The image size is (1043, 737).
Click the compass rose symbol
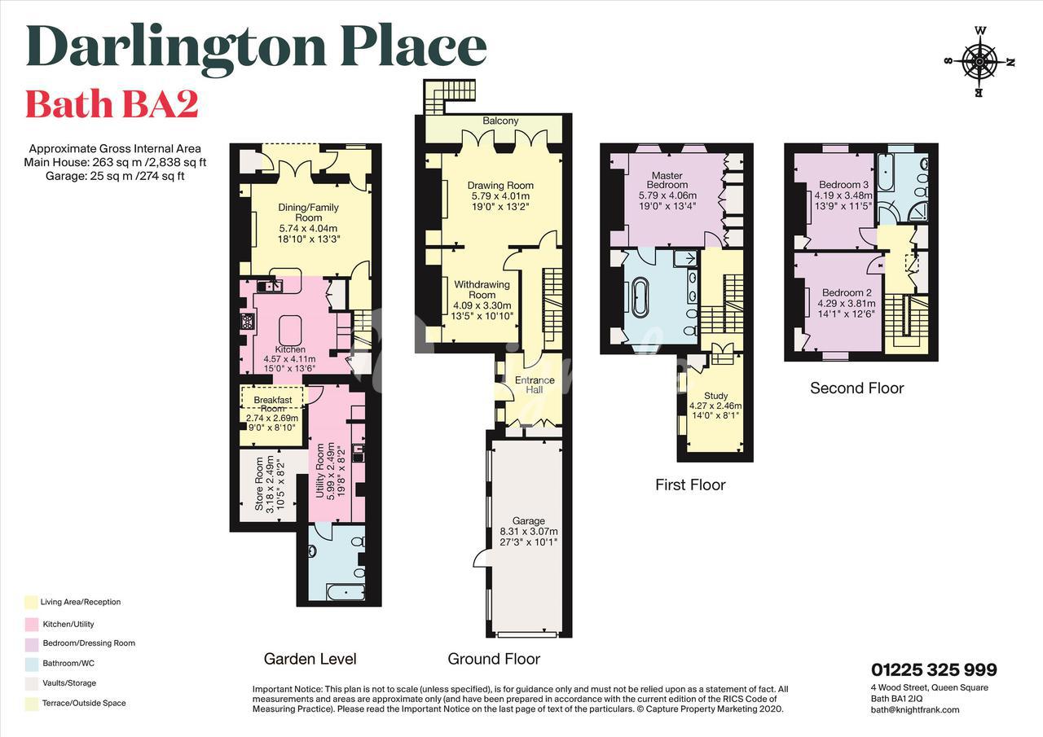[x=979, y=62]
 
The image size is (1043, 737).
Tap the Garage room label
[x=529, y=520]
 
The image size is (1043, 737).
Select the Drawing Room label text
[x=500, y=185]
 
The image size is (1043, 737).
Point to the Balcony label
[x=500, y=121]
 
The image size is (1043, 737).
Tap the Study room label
[x=715, y=396]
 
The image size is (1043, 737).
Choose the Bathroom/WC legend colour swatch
[x=32, y=664]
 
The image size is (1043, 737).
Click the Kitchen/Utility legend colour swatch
[x=32, y=624]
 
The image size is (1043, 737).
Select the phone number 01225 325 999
[x=934, y=669]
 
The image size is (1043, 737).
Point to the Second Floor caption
[x=856, y=388]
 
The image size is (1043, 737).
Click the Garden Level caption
[x=310, y=659]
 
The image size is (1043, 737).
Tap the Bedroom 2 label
[x=847, y=292]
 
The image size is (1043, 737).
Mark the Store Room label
[x=259, y=484]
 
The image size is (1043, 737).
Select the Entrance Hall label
[x=535, y=384]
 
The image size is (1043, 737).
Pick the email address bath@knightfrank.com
[x=915, y=709]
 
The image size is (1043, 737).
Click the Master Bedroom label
[x=667, y=180]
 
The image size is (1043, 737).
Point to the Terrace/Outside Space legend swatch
[x=32, y=703]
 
